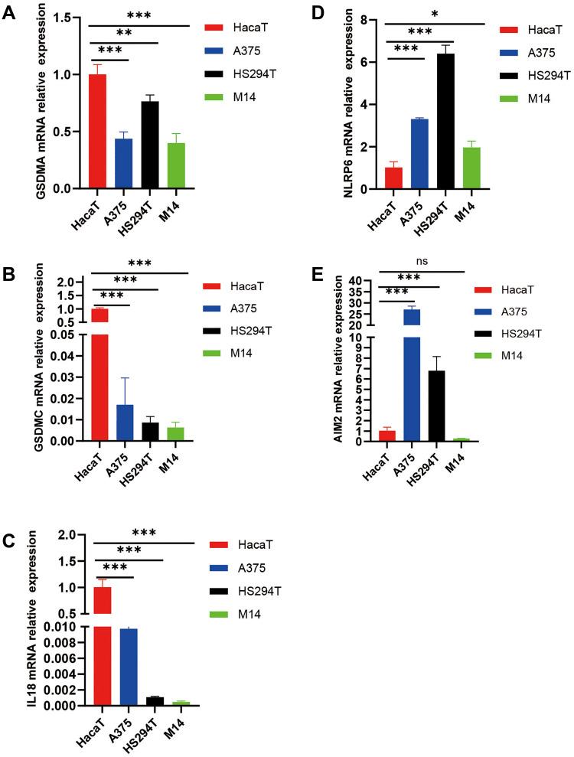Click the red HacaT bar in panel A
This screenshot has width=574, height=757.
[97, 131]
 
